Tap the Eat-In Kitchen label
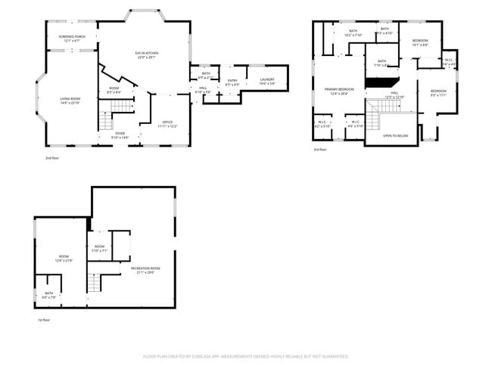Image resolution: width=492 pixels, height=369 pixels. tap(146, 54)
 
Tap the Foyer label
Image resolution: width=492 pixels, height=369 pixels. tap(120, 135)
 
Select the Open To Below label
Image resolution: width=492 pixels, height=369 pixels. tap(396, 136)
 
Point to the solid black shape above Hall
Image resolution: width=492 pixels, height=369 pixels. tap(380, 76)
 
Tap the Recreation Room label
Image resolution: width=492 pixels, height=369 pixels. tap(145, 270)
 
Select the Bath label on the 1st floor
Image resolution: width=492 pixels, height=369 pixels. tap(49, 295)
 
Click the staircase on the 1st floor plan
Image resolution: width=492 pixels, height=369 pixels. tap(94, 284)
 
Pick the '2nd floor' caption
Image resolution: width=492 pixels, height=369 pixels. tap(52, 158)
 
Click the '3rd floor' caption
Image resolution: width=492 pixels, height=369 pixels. tap(320, 150)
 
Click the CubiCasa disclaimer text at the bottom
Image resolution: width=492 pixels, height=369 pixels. tap(245, 355)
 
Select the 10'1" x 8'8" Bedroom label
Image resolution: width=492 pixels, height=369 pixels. tap(420, 42)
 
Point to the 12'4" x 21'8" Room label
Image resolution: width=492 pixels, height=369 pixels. tap(64, 258)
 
